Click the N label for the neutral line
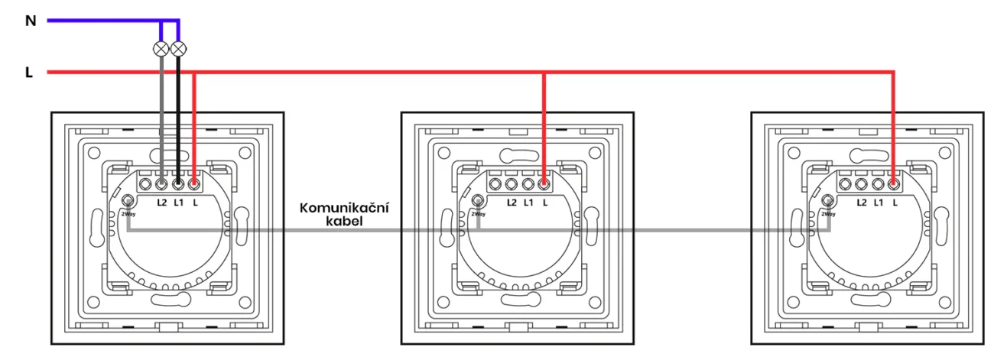[31, 21]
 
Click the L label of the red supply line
[29, 73]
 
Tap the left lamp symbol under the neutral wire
[161, 49]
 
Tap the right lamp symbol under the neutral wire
[178, 49]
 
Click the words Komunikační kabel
[344, 214]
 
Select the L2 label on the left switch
[162, 203]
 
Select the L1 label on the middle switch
[528, 203]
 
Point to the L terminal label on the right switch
[895, 203]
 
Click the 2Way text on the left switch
[128, 214]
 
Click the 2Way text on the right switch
[829, 214]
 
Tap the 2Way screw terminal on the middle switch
[478, 200]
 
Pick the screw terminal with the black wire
[178, 183]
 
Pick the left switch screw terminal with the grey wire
[161, 183]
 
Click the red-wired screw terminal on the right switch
[894, 183]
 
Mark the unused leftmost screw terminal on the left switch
[145, 183]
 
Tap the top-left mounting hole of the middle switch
[443, 154]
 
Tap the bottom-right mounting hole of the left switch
[245, 303]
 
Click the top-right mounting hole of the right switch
[945, 154]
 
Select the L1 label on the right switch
[879, 203]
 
